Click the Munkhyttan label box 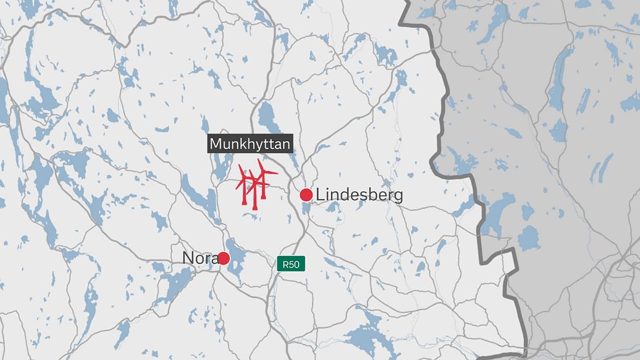(250, 143)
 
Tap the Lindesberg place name (359, 195)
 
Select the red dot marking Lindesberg (306, 195)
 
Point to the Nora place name (201, 258)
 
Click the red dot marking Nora (223, 258)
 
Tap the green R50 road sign (290, 263)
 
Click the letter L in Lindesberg (319, 195)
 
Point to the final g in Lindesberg (397, 197)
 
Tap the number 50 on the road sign (294, 263)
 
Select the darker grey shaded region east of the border (555, 161)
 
